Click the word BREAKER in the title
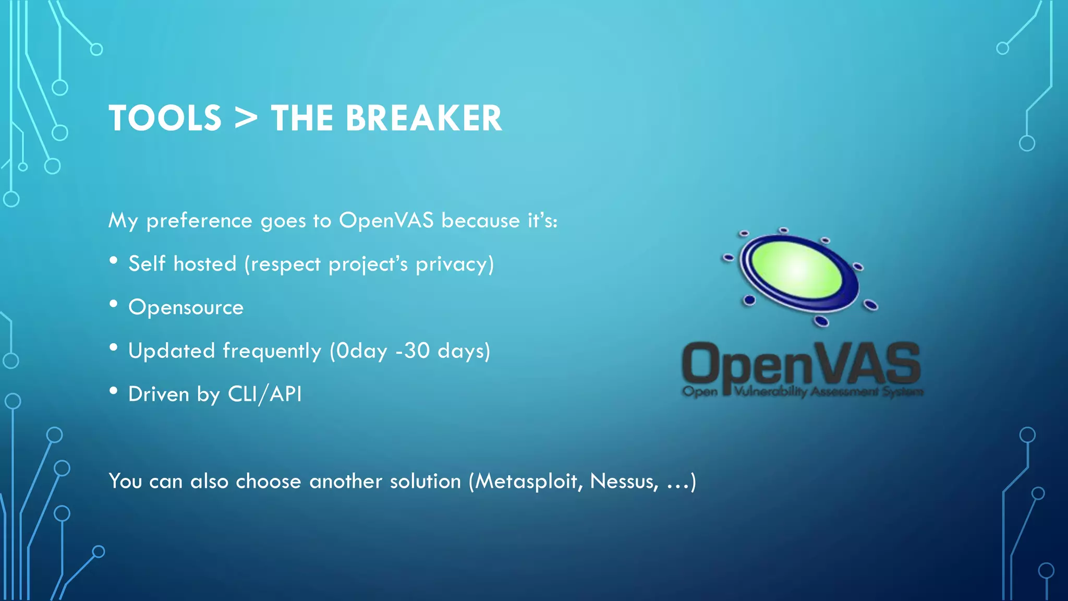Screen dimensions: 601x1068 [423, 118]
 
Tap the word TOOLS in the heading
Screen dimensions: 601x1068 [165, 118]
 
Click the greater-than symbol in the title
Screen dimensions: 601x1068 [246, 118]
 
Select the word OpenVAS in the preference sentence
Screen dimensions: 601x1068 [386, 220]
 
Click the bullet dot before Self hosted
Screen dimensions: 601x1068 [114, 261]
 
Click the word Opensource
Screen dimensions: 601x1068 [186, 307]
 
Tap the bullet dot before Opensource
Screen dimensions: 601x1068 [114, 304]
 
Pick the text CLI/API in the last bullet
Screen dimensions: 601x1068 [265, 394]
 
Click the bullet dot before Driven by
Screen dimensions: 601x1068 [114, 391]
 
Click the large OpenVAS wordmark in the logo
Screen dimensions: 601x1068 [800, 364]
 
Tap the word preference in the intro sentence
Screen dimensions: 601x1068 [199, 221]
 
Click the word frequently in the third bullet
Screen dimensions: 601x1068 [272, 351]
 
